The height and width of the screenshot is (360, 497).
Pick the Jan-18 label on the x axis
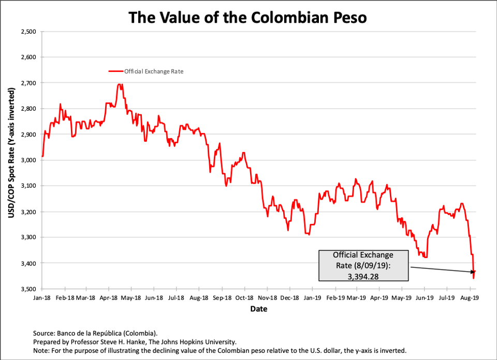pyautogui.click(x=42, y=298)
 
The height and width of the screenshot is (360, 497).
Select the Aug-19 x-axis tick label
pyautogui.click(x=469, y=298)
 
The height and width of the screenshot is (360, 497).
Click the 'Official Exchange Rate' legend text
pyautogui.click(x=154, y=71)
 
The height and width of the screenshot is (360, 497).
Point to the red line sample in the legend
pyautogui.click(x=115, y=71)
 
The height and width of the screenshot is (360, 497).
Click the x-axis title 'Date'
pyautogui.click(x=258, y=309)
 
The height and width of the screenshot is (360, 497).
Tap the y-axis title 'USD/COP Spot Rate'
pyautogui.click(x=11, y=160)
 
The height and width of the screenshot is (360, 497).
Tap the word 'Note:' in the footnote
pyautogui.click(x=41, y=350)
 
